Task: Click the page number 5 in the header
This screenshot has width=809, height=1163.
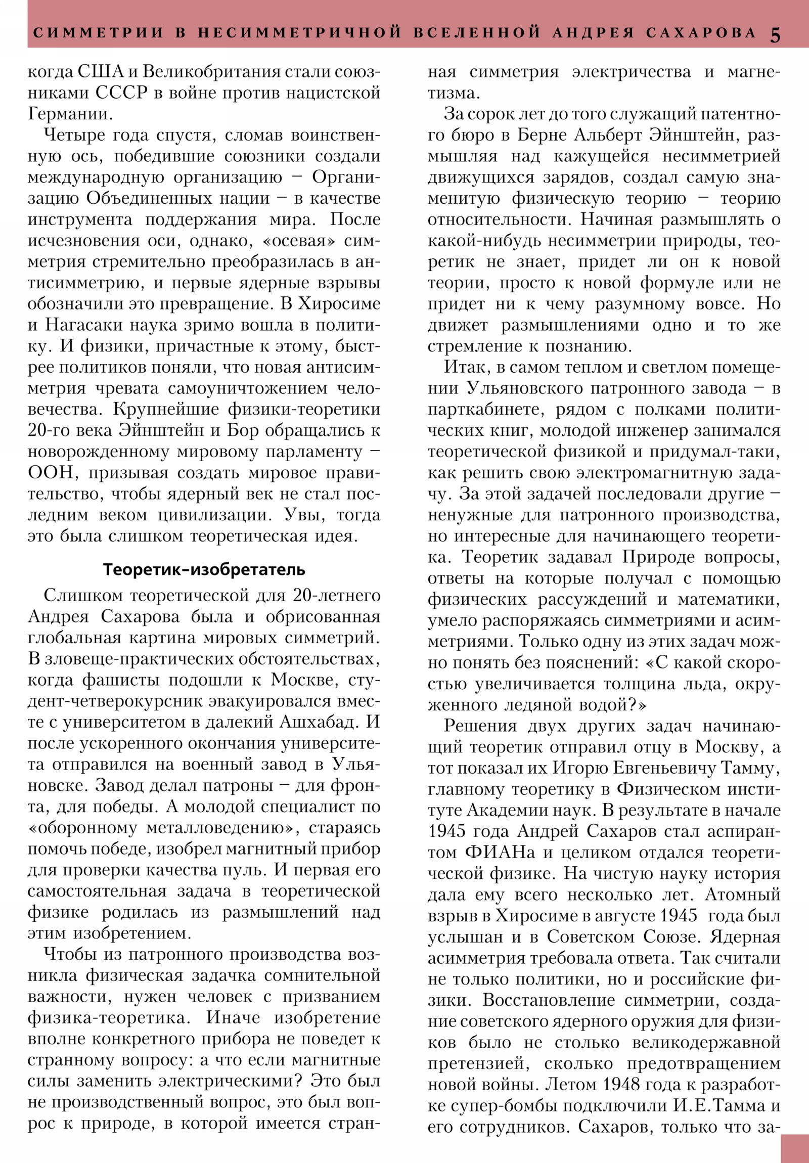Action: coord(775,34)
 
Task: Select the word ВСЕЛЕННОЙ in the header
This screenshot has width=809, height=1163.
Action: coord(478,33)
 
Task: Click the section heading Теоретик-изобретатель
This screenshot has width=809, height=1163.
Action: coord(204,570)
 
